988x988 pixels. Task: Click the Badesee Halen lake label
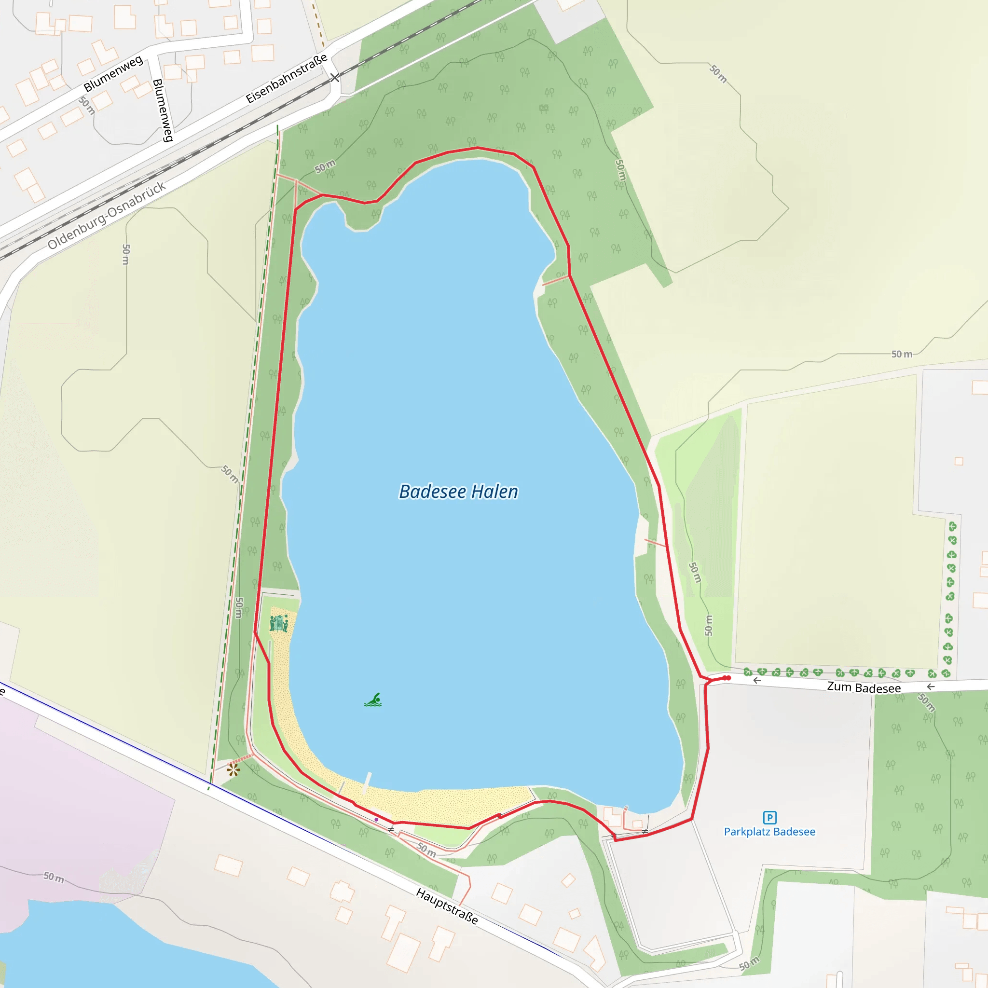458,492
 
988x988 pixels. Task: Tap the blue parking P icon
769,817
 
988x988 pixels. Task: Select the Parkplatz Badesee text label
769,832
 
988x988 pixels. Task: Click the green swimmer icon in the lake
373,700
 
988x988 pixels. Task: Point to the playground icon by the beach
279,623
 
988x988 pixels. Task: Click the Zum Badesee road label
864,687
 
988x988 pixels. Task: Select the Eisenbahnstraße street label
287,78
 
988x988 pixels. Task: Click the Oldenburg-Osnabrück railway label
107,215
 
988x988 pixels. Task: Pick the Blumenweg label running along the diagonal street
113,74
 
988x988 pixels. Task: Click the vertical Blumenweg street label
163,110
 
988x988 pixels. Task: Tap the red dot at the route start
727,678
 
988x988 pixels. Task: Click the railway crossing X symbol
334,78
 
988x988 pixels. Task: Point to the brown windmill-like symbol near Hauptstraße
233,769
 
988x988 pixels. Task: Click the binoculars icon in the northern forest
544,109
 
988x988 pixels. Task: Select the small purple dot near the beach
376,819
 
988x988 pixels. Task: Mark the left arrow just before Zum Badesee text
757,681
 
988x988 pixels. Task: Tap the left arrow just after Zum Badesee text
931,687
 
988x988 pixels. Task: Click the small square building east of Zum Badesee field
959,461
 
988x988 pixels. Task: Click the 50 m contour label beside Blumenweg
87,105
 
